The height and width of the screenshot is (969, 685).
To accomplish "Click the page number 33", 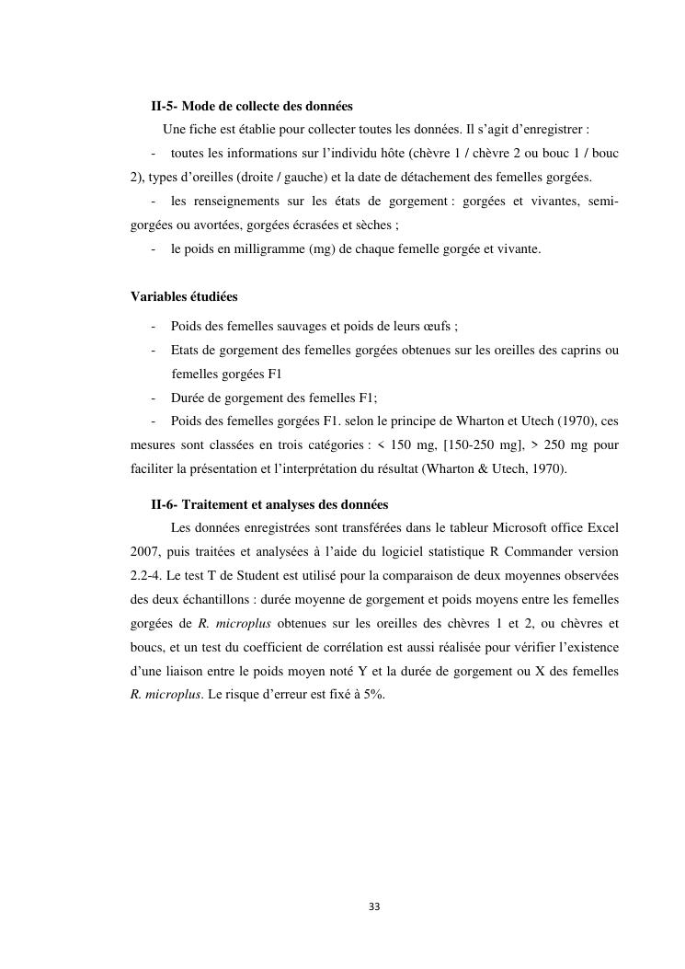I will (373, 906).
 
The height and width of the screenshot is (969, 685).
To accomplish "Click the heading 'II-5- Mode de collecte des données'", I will (252, 106).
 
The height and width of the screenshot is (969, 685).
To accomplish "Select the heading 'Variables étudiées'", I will (184, 296).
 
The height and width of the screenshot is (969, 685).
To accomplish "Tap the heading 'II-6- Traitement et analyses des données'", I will (269, 504).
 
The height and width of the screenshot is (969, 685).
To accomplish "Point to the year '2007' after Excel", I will (145, 552).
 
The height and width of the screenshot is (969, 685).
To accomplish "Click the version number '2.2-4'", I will (146, 575).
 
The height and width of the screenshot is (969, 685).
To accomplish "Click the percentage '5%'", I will (373, 695).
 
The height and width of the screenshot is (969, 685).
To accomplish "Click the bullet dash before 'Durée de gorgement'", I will (154, 398).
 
